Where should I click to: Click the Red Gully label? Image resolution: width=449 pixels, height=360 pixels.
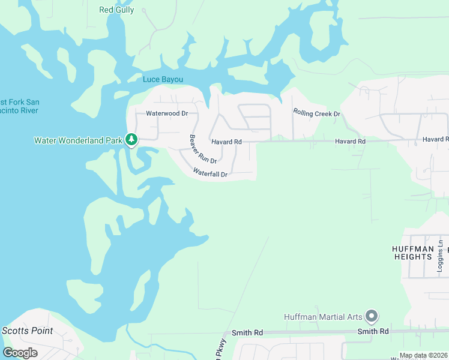tap(116, 10)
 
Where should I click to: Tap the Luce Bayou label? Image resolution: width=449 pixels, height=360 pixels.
tap(163, 79)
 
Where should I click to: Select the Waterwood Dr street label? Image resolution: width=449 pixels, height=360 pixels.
tap(167, 113)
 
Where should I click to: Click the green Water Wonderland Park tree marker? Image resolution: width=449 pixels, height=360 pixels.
tap(131, 140)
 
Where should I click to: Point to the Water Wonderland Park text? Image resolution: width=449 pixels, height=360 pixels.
tap(78, 140)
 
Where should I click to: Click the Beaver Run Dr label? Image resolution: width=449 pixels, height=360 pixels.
tap(202, 149)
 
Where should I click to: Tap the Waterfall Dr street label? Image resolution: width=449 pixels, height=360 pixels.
tap(210, 173)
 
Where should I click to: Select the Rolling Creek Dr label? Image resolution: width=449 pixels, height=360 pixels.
tap(316, 113)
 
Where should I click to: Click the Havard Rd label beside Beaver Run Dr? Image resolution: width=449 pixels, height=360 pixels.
tap(226, 142)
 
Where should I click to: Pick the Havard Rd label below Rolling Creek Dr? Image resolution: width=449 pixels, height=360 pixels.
tap(350, 141)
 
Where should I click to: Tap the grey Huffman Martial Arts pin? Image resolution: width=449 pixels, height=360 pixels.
tap(371, 316)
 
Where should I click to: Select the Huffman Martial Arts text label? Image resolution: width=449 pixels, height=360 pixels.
tap(324, 317)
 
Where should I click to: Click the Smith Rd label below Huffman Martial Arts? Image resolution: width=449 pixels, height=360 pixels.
tap(373, 331)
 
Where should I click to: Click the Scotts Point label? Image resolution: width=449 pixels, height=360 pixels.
tap(27, 331)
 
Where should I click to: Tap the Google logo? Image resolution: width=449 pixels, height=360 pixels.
tap(20, 353)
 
